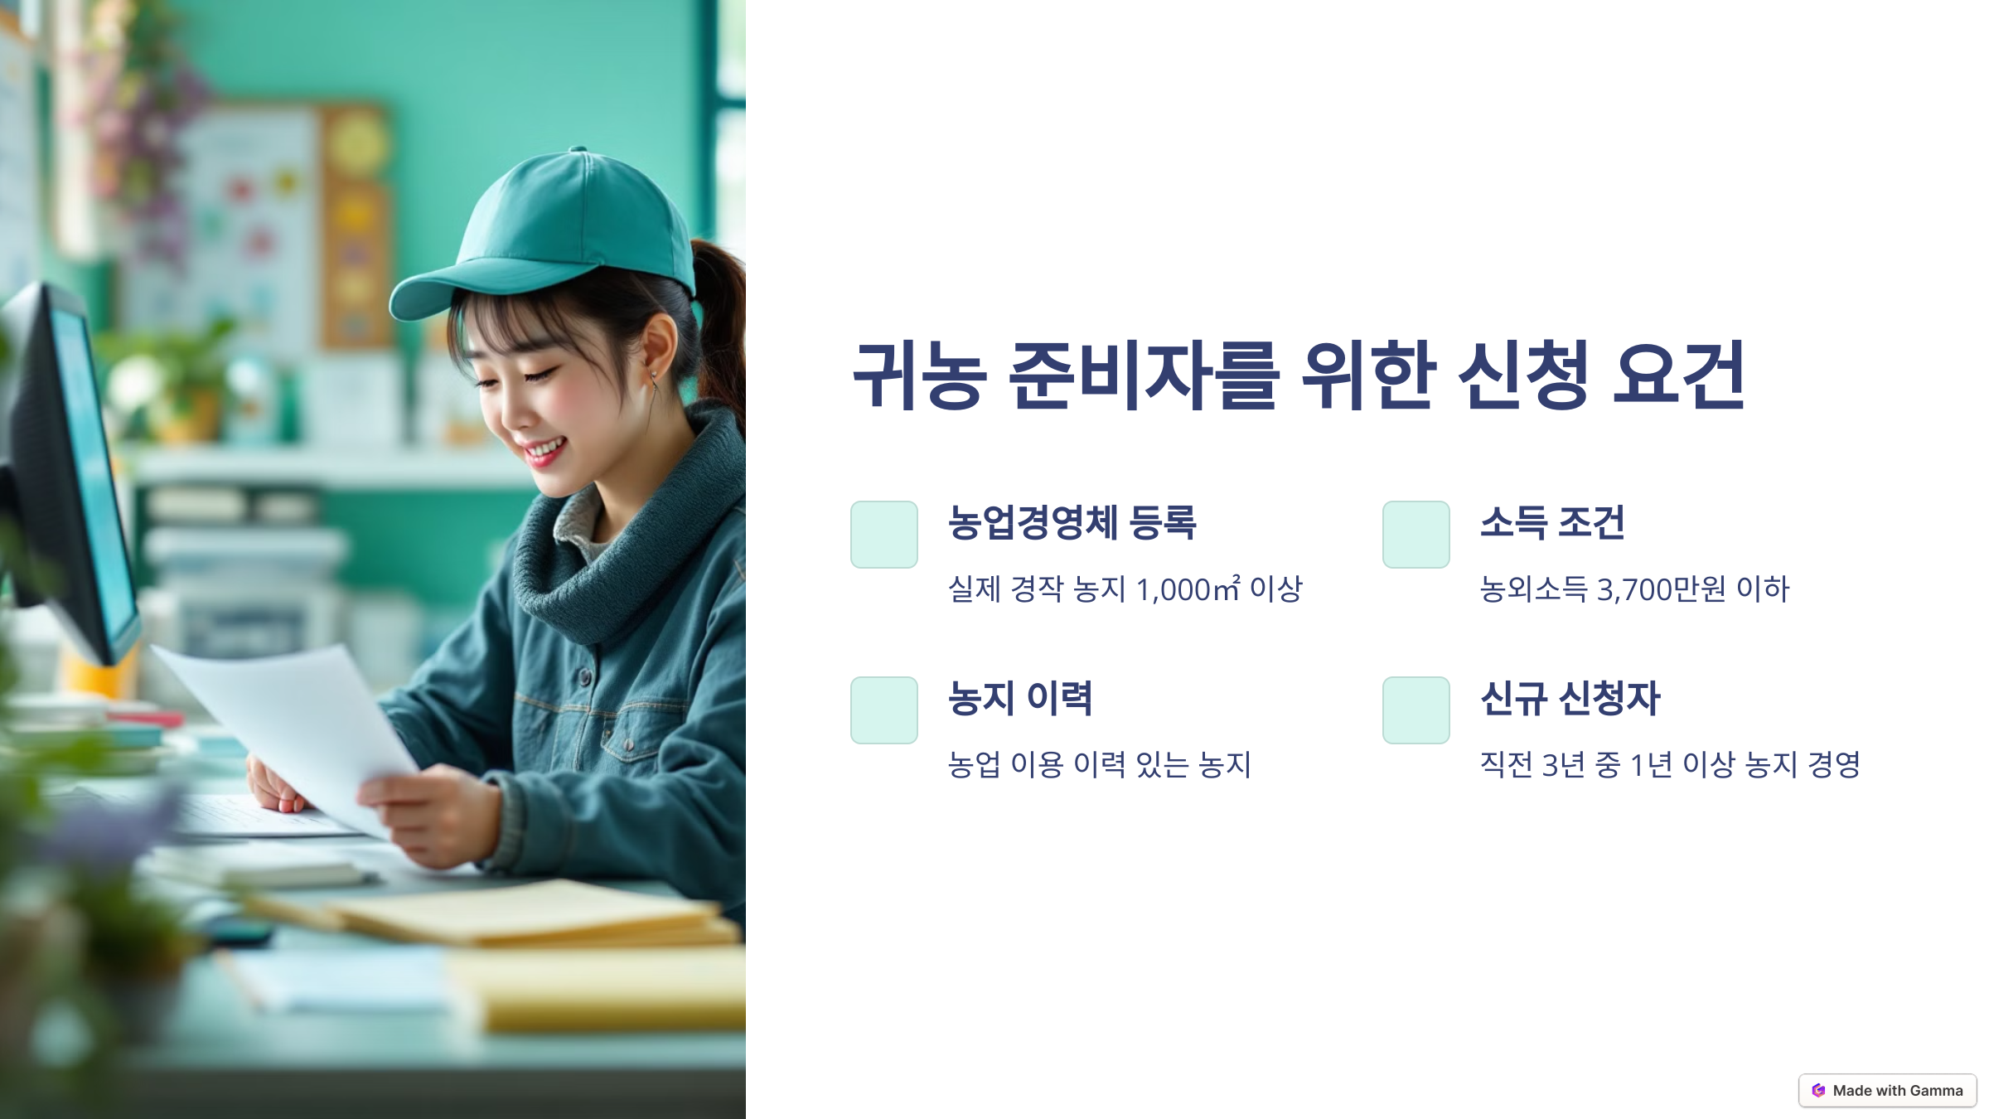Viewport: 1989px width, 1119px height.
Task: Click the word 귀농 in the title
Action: tap(920, 375)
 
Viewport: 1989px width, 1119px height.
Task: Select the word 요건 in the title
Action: tap(1679, 375)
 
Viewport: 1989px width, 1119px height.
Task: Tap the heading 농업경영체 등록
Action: tap(1072, 523)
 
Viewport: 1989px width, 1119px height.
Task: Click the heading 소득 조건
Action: tap(1552, 523)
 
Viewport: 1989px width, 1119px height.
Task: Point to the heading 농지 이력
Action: tap(1020, 699)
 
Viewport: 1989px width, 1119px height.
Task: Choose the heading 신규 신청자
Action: tap(1570, 699)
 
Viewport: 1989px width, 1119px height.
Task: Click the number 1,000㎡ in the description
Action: tap(1188, 589)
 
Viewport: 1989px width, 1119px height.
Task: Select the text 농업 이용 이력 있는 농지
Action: tap(1099, 765)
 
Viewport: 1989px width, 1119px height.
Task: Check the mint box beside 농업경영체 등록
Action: tap(884, 535)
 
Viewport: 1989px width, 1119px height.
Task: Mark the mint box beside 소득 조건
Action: tap(1416, 535)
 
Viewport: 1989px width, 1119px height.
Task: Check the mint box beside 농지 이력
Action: tap(884, 710)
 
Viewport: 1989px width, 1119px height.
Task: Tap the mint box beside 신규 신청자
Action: tap(1416, 710)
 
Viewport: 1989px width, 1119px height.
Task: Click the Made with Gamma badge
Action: tap(1888, 1091)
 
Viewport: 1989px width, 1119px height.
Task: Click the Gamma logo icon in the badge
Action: tap(1818, 1091)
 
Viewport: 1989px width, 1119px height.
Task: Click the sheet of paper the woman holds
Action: tap(298, 729)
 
